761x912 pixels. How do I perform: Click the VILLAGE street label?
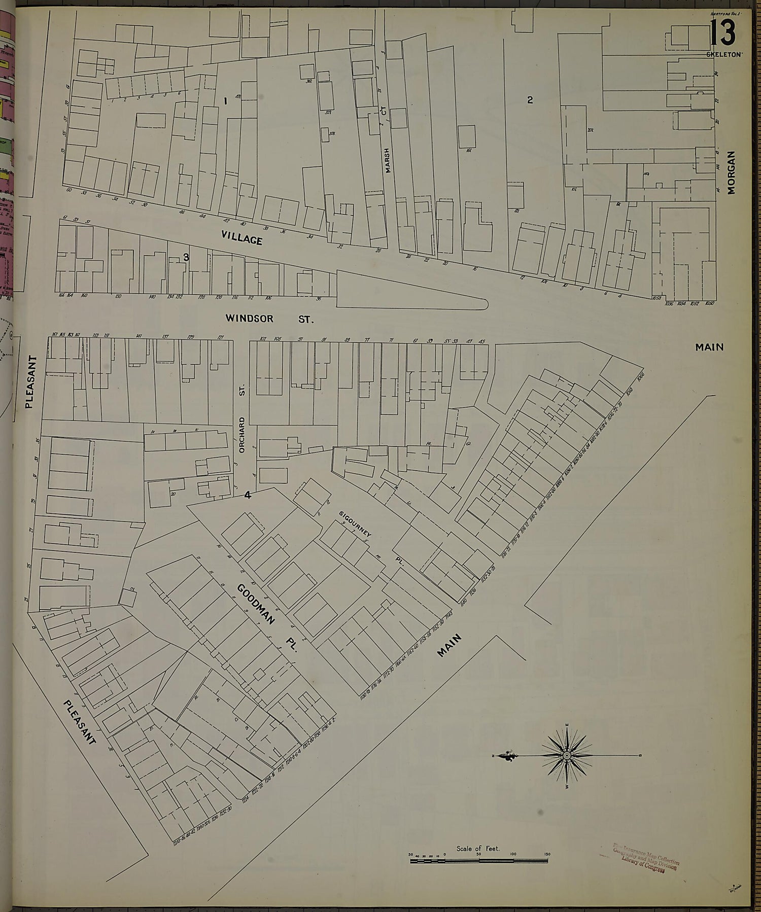(242, 237)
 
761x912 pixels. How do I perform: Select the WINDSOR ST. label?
(270, 319)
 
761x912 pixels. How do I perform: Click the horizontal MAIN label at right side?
(709, 347)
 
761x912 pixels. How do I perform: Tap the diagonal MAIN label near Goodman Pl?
(451, 645)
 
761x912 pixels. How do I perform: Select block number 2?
(530, 100)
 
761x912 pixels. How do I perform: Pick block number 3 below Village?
(186, 257)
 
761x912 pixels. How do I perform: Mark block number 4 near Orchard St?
(248, 496)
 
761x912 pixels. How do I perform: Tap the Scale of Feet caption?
(478, 848)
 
